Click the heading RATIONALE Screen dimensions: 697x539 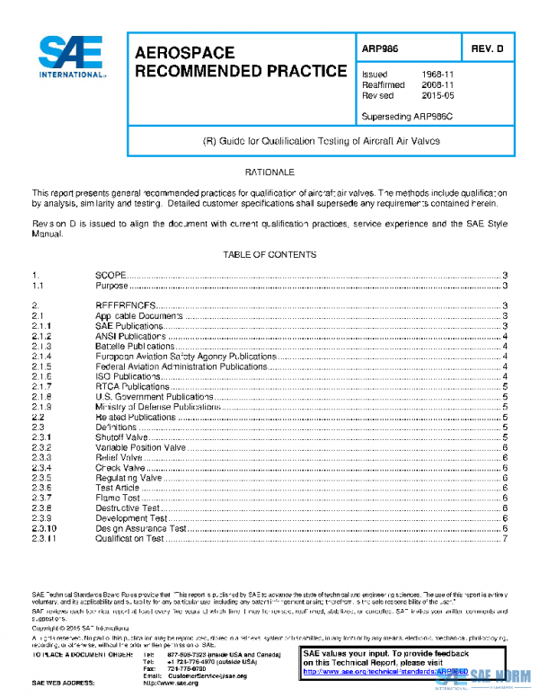(269, 172)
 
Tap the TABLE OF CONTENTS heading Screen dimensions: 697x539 (269, 255)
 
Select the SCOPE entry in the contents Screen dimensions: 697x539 (110, 275)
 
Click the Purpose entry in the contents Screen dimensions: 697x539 (111, 286)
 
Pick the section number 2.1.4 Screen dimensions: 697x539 (42, 357)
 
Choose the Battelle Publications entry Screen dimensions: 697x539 (135, 346)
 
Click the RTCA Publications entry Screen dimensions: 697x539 (132, 386)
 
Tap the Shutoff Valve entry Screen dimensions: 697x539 (123, 437)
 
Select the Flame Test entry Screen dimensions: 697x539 (118, 498)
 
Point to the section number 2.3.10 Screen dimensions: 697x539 (44, 529)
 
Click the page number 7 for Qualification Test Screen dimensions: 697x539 (507, 539)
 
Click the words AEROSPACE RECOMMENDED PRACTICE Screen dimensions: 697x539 (240, 62)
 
